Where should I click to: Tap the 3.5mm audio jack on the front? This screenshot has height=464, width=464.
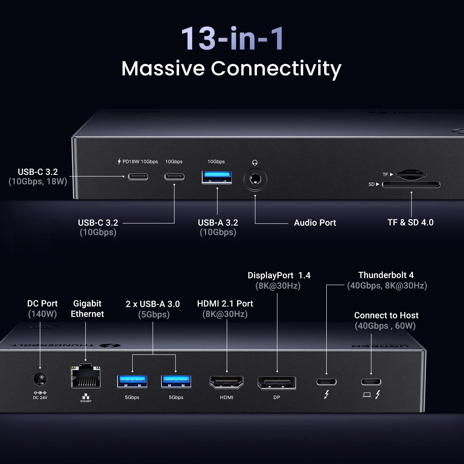(x=255, y=179)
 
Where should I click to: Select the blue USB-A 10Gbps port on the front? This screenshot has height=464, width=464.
(x=217, y=177)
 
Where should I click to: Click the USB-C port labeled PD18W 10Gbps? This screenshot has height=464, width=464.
(x=138, y=177)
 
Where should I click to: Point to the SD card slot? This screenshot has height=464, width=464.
(x=411, y=184)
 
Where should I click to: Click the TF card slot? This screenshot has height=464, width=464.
(x=411, y=174)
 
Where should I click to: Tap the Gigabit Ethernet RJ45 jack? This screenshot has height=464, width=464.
(x=86, y=377)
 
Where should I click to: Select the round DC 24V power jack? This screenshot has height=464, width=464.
(x=40, y=378)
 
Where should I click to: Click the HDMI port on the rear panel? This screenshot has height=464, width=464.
(x=226, y=382)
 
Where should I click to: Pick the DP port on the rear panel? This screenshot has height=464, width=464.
(x=277, y=383)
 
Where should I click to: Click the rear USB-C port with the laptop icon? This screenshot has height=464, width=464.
(x=371, y=382)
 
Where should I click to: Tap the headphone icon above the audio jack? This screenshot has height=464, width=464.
(x=255, y=162)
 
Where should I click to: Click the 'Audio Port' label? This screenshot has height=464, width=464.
(x=315, y=223)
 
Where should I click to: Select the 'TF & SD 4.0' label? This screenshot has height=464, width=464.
(x=410, y=222)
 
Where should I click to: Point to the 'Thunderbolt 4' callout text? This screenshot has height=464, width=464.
(x=386, y=275)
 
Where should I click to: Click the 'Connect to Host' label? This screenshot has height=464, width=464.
(x=386, y=315)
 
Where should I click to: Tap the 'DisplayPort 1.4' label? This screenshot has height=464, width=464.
(x=279, y=275)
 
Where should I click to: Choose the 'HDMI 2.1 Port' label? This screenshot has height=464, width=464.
(x=225, y=304)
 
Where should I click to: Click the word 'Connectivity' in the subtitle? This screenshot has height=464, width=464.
(x=276, y=69)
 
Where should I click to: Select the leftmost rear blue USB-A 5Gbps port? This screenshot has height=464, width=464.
(x=132, y=381)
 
